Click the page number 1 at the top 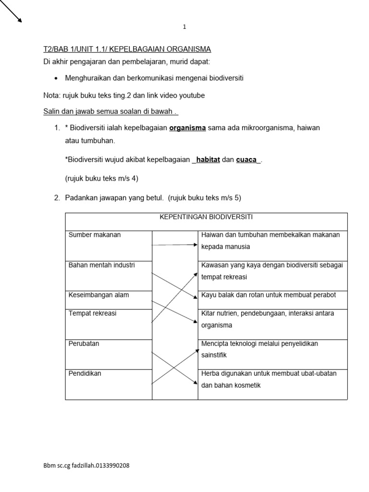pos(184,27)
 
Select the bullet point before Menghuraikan pos(56,78)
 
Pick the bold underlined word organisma pos(187,128)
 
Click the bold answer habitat pos(208,160)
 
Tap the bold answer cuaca pos(246,160)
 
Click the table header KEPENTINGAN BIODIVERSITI pos(206,217)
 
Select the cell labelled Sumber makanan pos(95,235)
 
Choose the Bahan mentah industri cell pos(102,265)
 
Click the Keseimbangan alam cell pos(99,295)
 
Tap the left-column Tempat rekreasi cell pos(93,313)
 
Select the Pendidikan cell pos(85,373)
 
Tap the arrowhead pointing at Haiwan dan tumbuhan pos(195,245)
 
